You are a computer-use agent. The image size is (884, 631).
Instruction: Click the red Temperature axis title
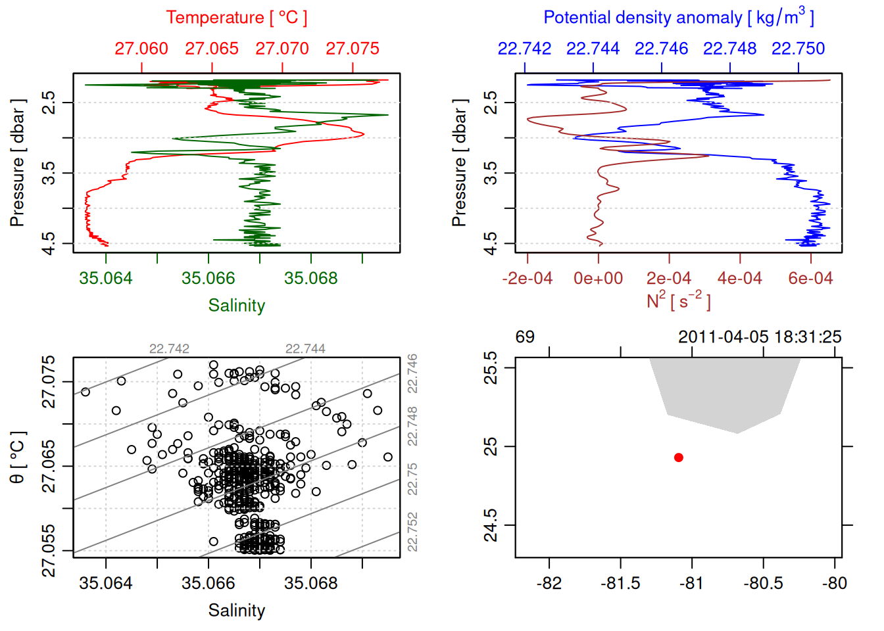click(x=236, y=18)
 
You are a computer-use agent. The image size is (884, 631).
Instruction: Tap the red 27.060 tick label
click(x=141, y=49)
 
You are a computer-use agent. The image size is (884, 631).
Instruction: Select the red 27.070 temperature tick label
click(x=282, y=49)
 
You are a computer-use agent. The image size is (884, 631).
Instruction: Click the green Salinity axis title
click(x=237, y=306)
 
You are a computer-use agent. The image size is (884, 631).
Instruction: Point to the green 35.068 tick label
click(x=311, y=278)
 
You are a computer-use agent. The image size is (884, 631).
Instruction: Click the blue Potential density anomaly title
click(x=678, y=18)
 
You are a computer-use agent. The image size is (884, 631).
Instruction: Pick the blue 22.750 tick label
click(x=798, y=49)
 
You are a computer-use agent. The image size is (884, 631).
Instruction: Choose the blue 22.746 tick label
click(x=661, y=49)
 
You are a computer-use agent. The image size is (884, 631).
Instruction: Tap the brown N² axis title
click(x=678, y=300)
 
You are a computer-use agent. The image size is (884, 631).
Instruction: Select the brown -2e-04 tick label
click(x=528, y=278)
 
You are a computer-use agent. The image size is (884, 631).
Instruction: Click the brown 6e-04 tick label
click(x=810, y=278)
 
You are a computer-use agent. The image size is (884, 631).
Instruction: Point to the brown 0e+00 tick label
click(x=599, y=278)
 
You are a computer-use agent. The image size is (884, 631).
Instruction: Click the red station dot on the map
click(x=679, y=457)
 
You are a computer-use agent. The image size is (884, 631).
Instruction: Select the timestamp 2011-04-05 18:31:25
click(x=760, y=337)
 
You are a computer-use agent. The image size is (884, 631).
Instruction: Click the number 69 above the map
click(x=525, y=337)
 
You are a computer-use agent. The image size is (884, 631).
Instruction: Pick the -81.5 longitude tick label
click(x=620, y=583)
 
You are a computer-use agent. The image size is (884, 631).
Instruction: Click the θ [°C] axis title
click(x=18, y=457)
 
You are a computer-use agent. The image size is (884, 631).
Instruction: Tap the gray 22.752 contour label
click(x=412, y=532)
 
